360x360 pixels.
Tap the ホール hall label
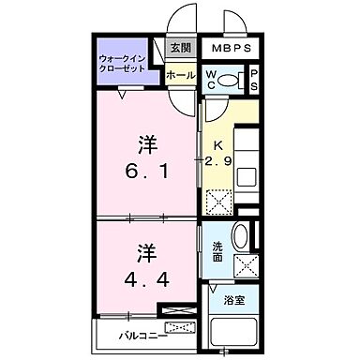pos(180,75)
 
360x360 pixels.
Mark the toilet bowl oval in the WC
pos(235,79)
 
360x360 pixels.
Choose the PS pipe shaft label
pos(254,80)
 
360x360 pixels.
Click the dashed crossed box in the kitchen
pos(218,201)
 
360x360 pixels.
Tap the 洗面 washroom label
pos(217,251)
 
